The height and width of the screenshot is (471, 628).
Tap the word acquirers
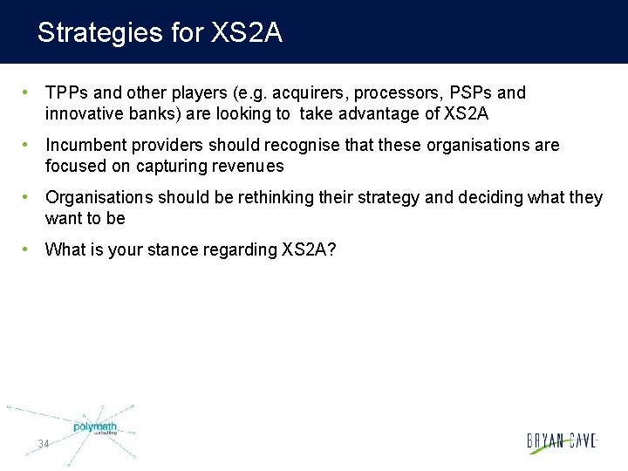coord(263,93)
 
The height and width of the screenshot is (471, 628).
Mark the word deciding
coord(491,198)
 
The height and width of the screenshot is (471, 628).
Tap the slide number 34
coord(43,444)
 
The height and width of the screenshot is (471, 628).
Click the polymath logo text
coord(95,427)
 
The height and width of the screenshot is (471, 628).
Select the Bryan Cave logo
coord(562,441)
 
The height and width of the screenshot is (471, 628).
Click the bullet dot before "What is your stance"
coord(28,249)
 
